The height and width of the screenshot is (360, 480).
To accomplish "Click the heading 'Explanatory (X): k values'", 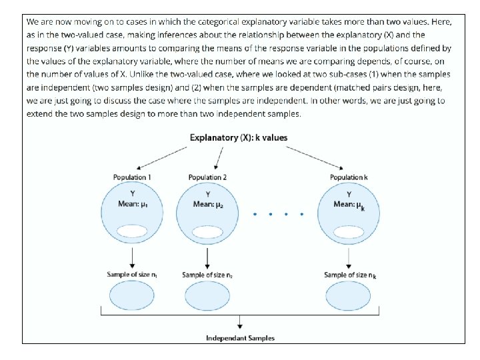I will click(239, 138).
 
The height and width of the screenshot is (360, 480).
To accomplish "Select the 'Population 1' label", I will click(132, 177).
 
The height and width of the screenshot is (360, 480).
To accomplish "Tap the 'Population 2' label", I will click(208, 177).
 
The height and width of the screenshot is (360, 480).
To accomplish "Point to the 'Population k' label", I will click(349, 177).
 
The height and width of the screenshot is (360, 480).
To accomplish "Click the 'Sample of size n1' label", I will click(132, 275).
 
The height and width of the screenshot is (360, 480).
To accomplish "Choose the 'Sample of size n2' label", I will click(208, 275).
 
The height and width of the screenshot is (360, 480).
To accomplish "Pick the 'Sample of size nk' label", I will click(350, 275).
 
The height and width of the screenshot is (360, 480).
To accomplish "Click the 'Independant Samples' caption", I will click(240, 338).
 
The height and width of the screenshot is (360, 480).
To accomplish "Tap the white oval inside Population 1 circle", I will click(132, 231).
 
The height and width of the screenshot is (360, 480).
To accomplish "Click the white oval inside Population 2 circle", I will click(208, 231).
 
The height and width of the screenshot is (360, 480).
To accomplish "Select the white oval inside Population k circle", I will click(349, 231).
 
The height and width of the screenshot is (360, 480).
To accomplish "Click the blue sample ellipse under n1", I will click(132, 295).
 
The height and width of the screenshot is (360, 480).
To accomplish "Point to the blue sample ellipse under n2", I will click(208, 295).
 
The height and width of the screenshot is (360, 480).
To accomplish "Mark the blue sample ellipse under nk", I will click(349, 295).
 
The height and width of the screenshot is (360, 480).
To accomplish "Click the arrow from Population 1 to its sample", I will click(132, 257).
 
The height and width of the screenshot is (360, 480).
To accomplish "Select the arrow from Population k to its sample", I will click(349, 257).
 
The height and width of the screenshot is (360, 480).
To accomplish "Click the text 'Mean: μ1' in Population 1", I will click(132, 204).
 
